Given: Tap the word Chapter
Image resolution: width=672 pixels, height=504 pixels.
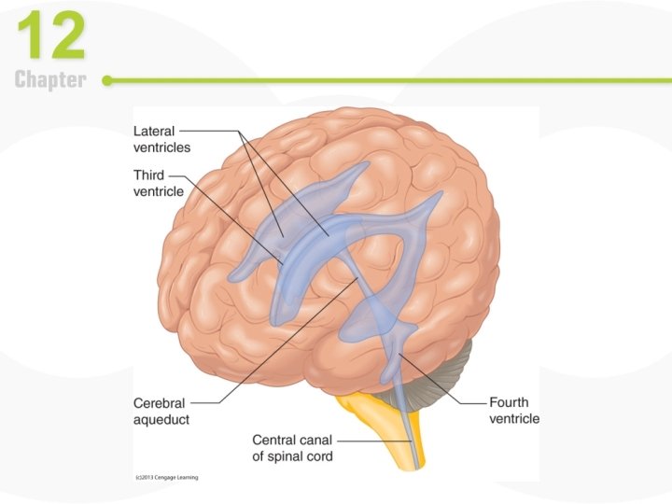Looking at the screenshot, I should click(50, 80).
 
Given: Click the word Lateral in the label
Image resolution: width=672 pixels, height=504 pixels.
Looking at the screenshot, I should click(153, 132).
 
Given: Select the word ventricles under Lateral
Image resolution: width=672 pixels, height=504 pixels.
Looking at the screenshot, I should click(161, 147).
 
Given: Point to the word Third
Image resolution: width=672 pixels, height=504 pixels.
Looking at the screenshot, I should click(148, 175).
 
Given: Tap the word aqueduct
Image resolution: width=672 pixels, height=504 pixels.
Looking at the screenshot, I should click(161, 420).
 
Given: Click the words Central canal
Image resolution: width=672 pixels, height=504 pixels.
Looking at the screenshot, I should click(291, 440).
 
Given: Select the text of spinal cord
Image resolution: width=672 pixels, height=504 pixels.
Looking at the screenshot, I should click(291, 455).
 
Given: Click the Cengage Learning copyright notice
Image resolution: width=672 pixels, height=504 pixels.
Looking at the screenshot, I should click(167, 477).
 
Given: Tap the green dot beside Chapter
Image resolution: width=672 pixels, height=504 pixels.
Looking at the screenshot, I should click(107, 80).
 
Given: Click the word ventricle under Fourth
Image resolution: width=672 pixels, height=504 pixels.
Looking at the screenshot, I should click(514, 419).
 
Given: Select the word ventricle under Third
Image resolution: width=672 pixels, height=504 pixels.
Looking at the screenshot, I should click(159, 191).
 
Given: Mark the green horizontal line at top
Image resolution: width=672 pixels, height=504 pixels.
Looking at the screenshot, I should click(373, 80).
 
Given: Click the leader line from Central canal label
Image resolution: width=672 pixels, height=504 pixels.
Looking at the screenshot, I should click(373, 440).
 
